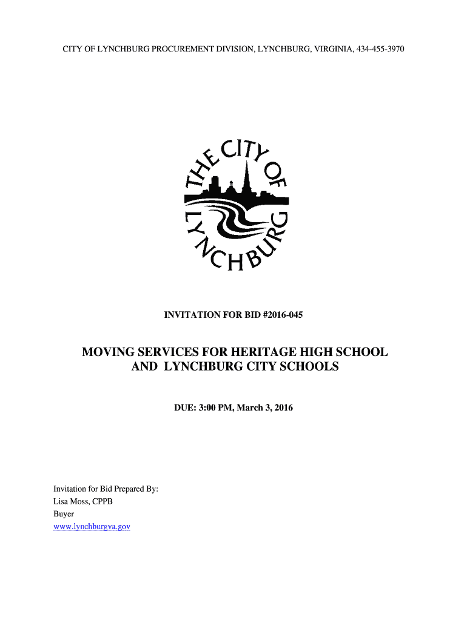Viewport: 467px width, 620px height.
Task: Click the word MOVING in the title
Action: coord(109,352)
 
